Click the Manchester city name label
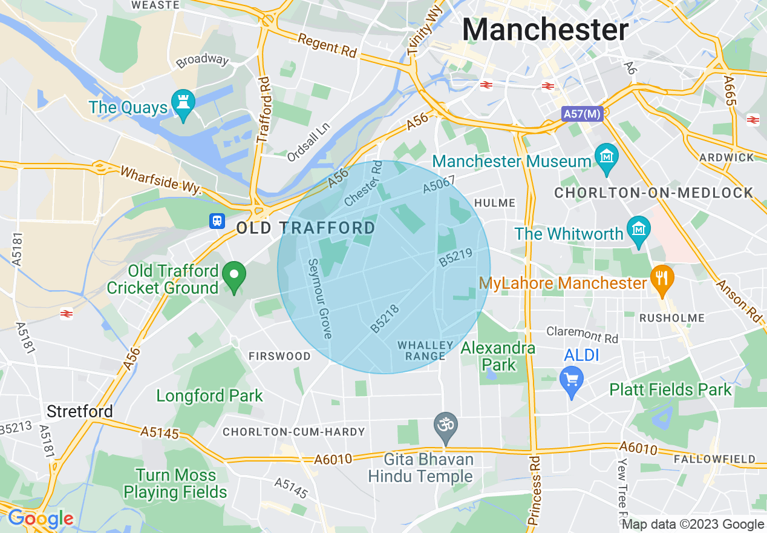tap(546, 29)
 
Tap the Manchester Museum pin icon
tap(605, 156)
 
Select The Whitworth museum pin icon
tap(638, 230)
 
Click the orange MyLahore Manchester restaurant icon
tap(662, 279)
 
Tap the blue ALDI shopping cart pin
tap(572, 380)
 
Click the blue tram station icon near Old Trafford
tap(217, 221)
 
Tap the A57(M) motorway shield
tap(583, 114)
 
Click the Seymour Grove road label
tap(319, 299)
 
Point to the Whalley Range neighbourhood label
tap(425, 351)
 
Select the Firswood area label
tap(279, 356)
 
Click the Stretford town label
tap(80, 412)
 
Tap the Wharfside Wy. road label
tap(160, 180)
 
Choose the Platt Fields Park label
tap(670, 389)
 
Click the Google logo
tap(40, 518)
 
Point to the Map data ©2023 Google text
tap(693, 525)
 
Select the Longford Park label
tap(210, 396)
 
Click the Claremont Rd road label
tap(582, 334)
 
